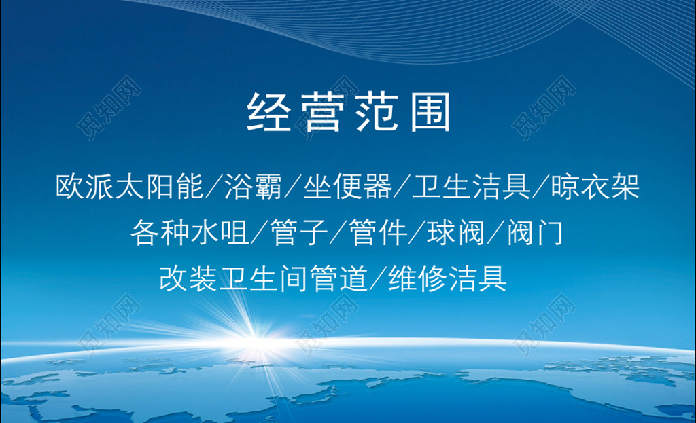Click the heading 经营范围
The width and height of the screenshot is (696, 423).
pos(349,112)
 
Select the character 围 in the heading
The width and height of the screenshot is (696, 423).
pos(430,112)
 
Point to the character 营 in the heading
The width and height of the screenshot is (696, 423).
pos(321,112)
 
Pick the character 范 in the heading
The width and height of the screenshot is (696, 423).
pos(376,112)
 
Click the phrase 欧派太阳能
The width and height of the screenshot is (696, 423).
pos(129,186)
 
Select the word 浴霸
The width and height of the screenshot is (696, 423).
pos(253,186)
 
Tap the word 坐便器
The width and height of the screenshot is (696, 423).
pos(347,186)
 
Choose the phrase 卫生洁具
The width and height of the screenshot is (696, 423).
pos(472,186)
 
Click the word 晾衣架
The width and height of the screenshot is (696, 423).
pos(595,186)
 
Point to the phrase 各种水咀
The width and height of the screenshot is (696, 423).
pos(190,232)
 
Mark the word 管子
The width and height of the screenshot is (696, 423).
pos(299,232)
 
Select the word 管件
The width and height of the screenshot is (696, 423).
pos(378,232)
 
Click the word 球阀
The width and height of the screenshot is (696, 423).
pos(456,232)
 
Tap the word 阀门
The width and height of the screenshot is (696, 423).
pos(535,232)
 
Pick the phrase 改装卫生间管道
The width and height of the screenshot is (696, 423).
pos(264,278)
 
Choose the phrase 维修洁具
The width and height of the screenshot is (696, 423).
pos(447,278)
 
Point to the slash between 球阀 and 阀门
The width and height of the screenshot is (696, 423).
pos(495,232)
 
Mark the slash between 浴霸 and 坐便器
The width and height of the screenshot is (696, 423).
pos(293,186)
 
